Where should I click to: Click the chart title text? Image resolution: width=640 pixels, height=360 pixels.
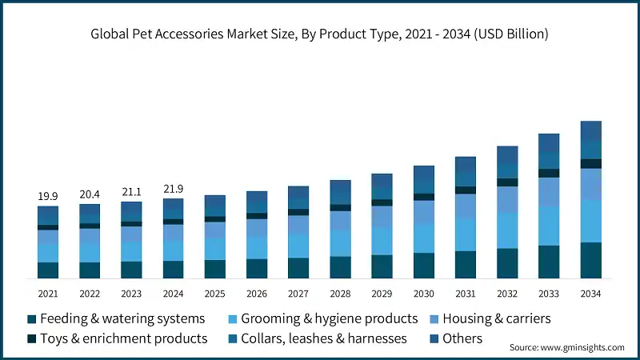click(320, 34)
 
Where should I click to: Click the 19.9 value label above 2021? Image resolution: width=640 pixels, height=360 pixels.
click(48, 196)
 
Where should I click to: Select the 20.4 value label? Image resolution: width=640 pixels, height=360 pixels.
click(90, 194)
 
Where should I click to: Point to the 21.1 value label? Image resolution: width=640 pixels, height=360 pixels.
click(131, 191)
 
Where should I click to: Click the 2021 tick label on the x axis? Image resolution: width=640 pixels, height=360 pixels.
click(48, 293)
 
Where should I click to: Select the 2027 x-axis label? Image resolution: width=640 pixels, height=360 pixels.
click(298, 293)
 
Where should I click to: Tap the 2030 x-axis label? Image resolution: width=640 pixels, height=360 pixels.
click(423, 293)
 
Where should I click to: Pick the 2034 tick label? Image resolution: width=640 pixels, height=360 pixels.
click(590, 293)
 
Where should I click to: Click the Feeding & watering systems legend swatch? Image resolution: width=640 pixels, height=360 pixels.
click(31, 319)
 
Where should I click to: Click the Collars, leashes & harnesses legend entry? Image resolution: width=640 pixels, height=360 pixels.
click(323, 338)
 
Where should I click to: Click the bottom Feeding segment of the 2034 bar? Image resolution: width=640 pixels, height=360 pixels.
click(590, 260)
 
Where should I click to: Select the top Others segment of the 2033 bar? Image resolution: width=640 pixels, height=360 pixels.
click(549, 143)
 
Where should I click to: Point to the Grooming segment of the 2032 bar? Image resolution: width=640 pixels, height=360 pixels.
click(507, 230)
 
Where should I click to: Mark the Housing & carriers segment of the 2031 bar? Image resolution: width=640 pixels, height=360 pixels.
click(466, 206)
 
